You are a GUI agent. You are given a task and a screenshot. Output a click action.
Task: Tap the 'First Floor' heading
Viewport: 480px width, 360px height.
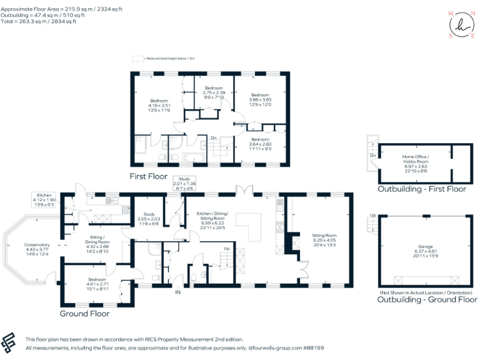(148, 176)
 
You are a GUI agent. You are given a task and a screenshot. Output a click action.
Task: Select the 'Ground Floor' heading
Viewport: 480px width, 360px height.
(86, 312)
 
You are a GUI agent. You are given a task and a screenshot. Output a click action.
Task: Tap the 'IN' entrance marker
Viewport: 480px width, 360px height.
(177, 292)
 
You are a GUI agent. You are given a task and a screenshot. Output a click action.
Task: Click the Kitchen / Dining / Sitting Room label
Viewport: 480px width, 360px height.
(212, 221)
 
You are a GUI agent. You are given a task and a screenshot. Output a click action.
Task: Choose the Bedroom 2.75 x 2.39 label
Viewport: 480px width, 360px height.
(214, 92)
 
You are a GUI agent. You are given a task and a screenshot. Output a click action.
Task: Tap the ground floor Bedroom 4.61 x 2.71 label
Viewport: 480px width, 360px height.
(96, 284)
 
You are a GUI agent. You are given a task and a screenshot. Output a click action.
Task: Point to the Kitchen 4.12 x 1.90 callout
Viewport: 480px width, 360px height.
(44, 200)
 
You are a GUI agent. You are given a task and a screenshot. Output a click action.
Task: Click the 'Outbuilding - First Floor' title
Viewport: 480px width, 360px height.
(422, 189)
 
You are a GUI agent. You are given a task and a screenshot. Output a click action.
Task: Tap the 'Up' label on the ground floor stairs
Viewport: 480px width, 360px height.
(226, 249)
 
